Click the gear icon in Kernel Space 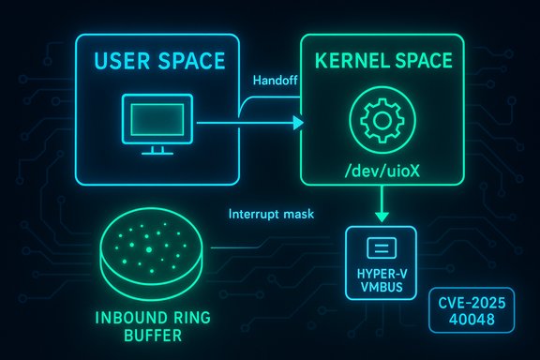[x=382, y=122]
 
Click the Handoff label [x=275, y=82]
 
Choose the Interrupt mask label [x=270, y=214]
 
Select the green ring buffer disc [x=147, y=251]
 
